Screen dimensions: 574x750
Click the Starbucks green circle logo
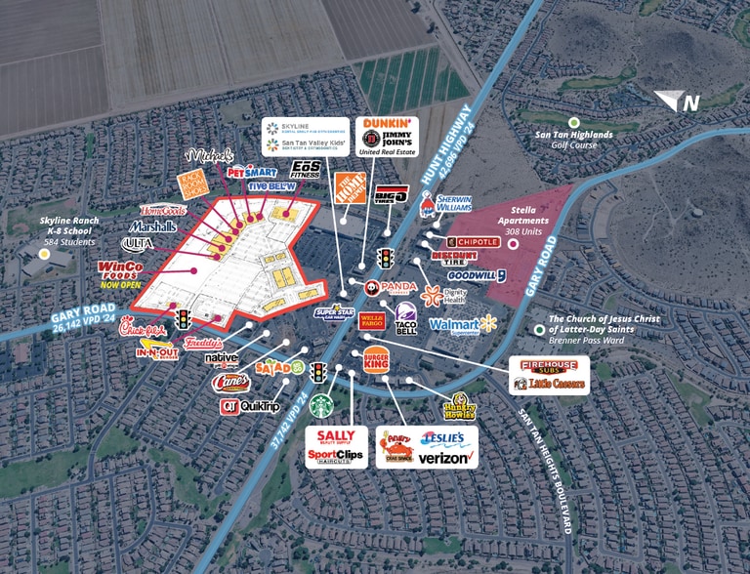pyautogui.click(x=322, y=405)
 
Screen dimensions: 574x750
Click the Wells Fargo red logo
pyautogui.click(x=371, y=319)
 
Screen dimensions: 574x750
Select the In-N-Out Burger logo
pyautogui.click(x=156, y=349)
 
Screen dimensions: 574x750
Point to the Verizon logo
pyautogui.click(x=446, y=457)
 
